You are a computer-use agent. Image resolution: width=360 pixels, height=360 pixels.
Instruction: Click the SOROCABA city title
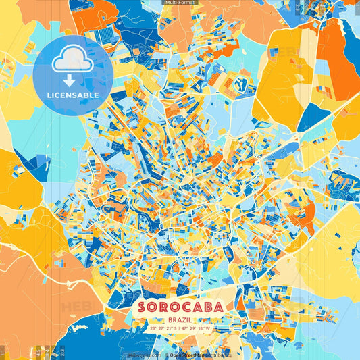click(x=180, y=307)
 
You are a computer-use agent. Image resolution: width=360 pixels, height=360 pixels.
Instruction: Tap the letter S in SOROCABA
click(x=141, y=307)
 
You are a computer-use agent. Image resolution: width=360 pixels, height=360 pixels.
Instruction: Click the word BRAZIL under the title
click(x=180, y=319)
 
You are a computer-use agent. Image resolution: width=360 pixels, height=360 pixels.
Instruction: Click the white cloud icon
click(x=72, y=61)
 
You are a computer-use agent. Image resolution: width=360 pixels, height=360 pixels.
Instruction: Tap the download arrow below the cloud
click(x=72, y=80)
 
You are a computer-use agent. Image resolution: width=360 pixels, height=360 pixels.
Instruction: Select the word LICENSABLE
click(x=72, y=94)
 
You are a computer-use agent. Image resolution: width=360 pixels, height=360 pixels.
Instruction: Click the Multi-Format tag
click(x=179, y=3)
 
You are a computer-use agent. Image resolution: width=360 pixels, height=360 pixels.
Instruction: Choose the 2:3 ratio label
click(x=61, y=352)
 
